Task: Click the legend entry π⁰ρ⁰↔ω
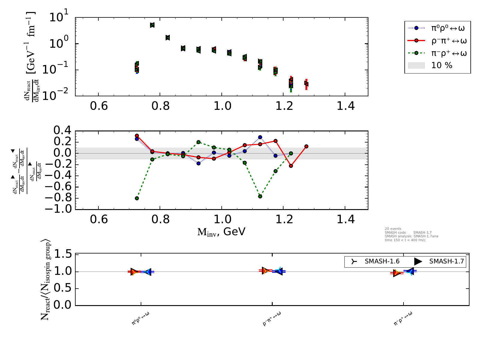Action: (x=448, y=28)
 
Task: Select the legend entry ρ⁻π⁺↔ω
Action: (x=448, y=41)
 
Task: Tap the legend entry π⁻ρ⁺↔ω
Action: (x=448, y=54)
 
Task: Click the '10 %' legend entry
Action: (x=442, y=65)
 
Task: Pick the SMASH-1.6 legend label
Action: (x=382, y=261)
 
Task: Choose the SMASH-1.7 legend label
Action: (x=446, y=261)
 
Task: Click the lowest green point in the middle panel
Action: (x=137, y=198)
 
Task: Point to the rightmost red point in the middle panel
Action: (x=306, y=146)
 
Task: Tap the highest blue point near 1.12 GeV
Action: (x=260, y=137)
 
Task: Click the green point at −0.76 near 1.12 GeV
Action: (x=260, y=196)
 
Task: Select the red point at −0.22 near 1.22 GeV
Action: (x=291, y=166)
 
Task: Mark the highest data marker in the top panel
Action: (x=152, y=25)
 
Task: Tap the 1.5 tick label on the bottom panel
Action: (x=63, y=255)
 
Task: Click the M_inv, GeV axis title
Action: (x=221, y=232)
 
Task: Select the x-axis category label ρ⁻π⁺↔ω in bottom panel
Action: (x=272, y=319)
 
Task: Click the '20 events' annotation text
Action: (x=393, y=229)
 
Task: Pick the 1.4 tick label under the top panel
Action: (x=345, y=106)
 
